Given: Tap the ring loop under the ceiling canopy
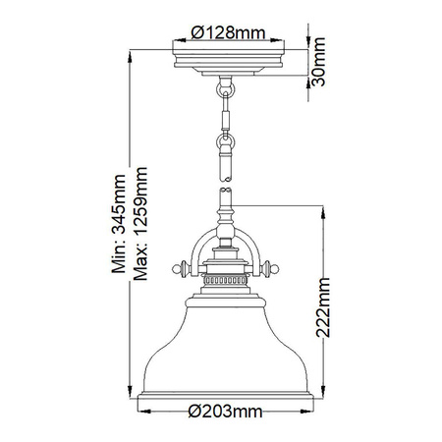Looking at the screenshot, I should (225, 90).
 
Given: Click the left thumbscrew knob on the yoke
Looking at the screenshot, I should (179, 266).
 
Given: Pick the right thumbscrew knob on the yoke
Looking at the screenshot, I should (271, 266).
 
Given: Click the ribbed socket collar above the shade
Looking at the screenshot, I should (225, 280).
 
